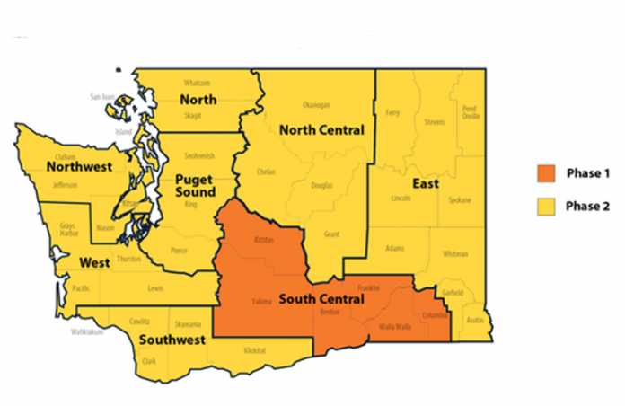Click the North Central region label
pos(321,130)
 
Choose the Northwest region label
pos(79,167)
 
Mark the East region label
pos(426,185)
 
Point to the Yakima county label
pos(260,301)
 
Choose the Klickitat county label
pos(256,350)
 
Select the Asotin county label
pos(475,320)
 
